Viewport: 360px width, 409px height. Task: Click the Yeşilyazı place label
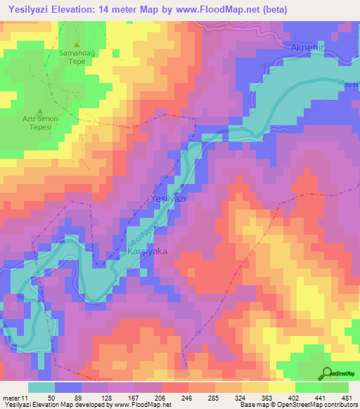[x=169, y=200]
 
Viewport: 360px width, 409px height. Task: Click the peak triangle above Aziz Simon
[x=39, y=111]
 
